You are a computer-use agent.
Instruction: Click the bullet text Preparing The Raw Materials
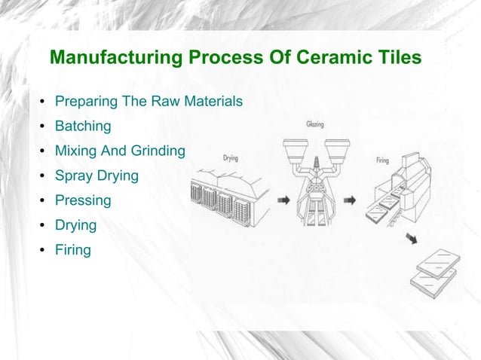[149, 101]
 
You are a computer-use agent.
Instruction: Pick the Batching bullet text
[83, 126]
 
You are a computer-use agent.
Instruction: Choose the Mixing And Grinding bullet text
[120, 151]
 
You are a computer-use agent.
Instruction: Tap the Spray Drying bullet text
[97, 175]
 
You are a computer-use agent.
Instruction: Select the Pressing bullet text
[83, 200]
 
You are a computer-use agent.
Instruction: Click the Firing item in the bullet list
[73, 249]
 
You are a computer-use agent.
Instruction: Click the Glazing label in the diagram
[315, 124]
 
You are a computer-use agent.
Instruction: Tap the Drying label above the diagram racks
[231, 158]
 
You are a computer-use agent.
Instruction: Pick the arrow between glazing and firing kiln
[350, 201]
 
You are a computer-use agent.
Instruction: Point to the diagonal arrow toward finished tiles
[413, 239]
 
